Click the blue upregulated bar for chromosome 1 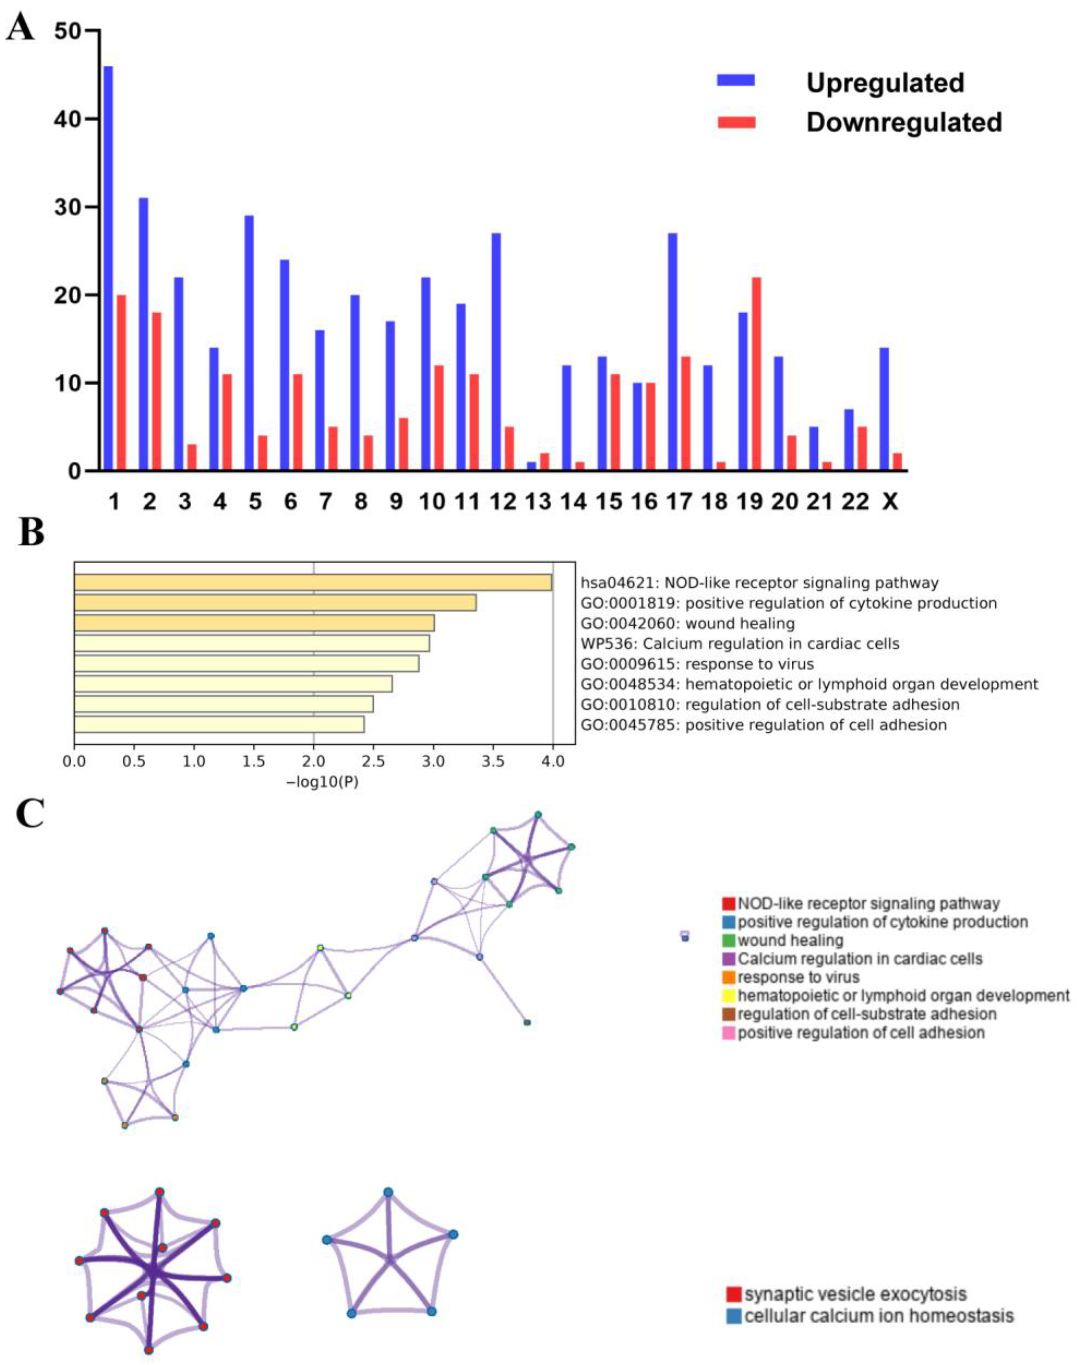[108, 268]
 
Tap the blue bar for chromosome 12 [496, 352]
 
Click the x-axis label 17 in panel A [679, 502]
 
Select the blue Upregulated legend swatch [735, 80]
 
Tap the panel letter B [32, 533]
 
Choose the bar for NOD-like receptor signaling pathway [313, 583]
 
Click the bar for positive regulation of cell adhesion [219, 724]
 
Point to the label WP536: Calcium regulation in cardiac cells [740, 644]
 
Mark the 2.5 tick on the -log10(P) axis [373, 762]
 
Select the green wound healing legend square [728, 941]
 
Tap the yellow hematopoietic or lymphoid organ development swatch [728, 996]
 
